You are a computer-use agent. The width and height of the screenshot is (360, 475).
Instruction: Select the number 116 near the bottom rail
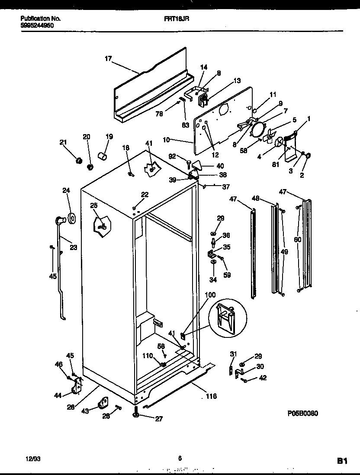pyautogui.click(x=211, y=396)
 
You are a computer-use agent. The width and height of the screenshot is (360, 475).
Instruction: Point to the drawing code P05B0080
pyautogui.click(x=303, y=414)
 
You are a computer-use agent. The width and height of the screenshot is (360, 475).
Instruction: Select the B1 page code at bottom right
pyautogui.click(x=342, y=461)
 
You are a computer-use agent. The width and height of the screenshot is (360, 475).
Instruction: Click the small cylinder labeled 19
pyautogui.click(x=103, y=155)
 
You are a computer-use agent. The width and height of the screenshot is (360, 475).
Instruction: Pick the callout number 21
pyautogui.click(x=64, y=142)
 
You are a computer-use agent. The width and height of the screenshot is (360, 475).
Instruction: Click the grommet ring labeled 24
pyautogui.click(x=71, y=218)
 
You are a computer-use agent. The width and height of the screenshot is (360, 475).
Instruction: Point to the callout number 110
pyautogui.click(x=148, y=356)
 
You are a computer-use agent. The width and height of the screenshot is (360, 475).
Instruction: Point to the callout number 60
pyautogui.click(x=297, y=239)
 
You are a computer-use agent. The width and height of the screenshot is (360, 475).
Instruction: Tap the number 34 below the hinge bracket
pyautogui.click(x=212, y=280)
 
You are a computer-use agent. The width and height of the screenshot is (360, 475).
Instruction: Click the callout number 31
pyautogui.click(x=234, y=354)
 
